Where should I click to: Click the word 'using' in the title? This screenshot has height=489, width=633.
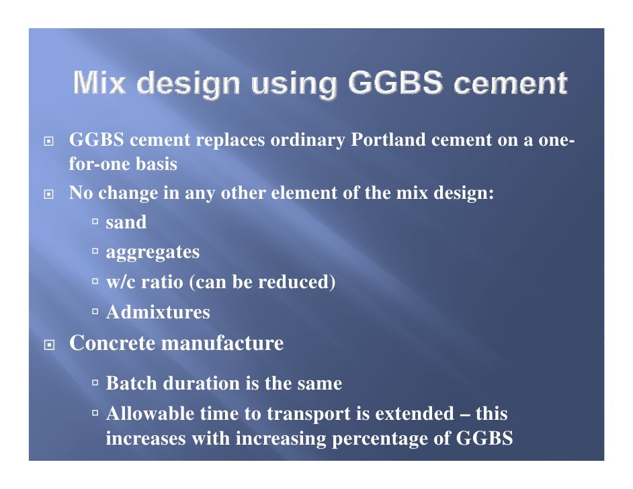[290, 85]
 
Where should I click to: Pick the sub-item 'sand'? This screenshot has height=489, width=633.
[126, 222]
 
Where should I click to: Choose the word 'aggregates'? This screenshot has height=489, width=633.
[153, 253]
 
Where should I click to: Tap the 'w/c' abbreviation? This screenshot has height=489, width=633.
[120, 282]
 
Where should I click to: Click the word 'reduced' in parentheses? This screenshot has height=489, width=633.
[296, 282]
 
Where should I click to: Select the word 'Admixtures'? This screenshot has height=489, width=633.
[158, 312]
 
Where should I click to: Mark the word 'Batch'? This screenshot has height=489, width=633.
[130, 384]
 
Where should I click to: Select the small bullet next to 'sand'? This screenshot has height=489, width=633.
[96, 222]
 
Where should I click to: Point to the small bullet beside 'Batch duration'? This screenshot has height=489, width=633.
[96, 384]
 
